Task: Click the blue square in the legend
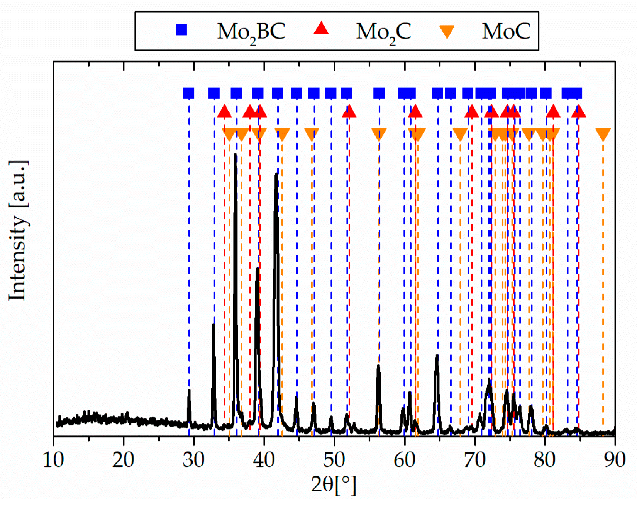coord(181,30)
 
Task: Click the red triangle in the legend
coord(321,29)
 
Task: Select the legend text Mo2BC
coord(251,32)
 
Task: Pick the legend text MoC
coord(506,31)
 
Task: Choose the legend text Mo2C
coord(383,32)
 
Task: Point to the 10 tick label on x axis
coord(53,460)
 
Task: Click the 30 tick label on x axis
coord(194,460)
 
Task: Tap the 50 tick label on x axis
coord(334,460)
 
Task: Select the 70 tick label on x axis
coord(474,460)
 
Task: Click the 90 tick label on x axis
coord(615,460)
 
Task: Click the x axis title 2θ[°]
coord(334,485)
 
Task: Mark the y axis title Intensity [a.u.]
coord(18,230)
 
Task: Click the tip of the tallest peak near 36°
coord(235,155)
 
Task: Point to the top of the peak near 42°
coord(276,174)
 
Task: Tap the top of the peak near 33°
coord(213,325)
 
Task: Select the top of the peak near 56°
coord(378,365)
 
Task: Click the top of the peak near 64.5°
coord(437,355)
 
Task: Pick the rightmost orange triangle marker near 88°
coord(603,134)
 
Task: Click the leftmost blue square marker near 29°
coord(188,93)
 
